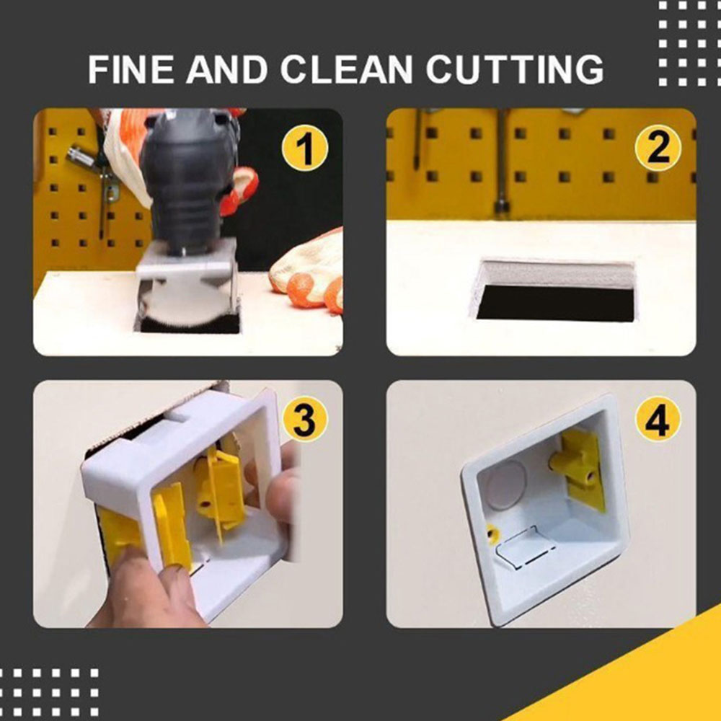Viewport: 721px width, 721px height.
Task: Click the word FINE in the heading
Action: pyautogui.click(x=131, y=70)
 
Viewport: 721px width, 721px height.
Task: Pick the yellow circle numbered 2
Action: pyautogui.click(x=657, y=149)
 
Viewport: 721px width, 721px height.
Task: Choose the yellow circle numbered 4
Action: pyautogui.click(x=657, y=420)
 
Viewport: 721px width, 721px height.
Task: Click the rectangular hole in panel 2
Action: pyautogui.click(x=556, y=302)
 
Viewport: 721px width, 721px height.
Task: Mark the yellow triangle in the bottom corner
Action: pyautogui.click(x=642, y=678)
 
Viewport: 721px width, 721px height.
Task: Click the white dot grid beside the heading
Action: pyautogui.click(x=689, y=43)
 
